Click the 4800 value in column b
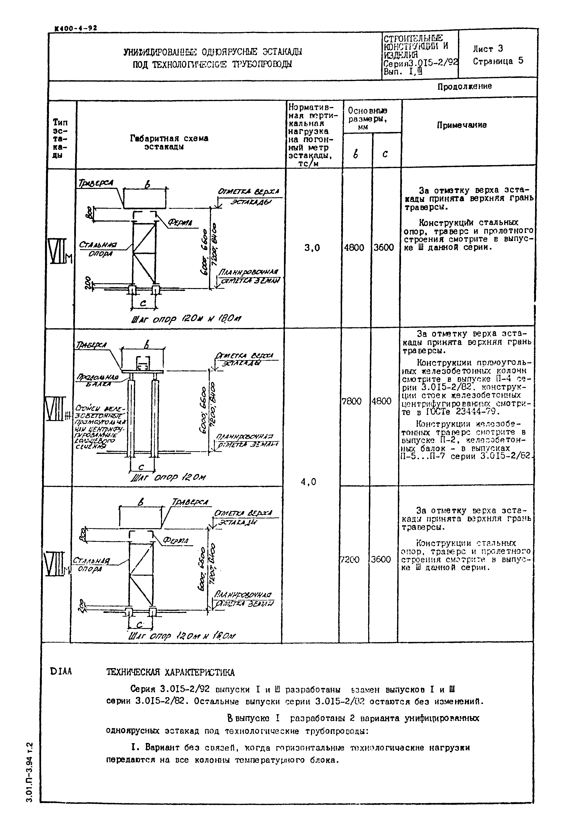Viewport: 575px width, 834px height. coord(354,248)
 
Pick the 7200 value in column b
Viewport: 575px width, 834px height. coord(350,559)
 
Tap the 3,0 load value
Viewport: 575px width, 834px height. coord(312,248)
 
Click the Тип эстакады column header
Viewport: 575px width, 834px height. coord(60,139)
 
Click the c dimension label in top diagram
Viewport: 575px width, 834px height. coord(143,304)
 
